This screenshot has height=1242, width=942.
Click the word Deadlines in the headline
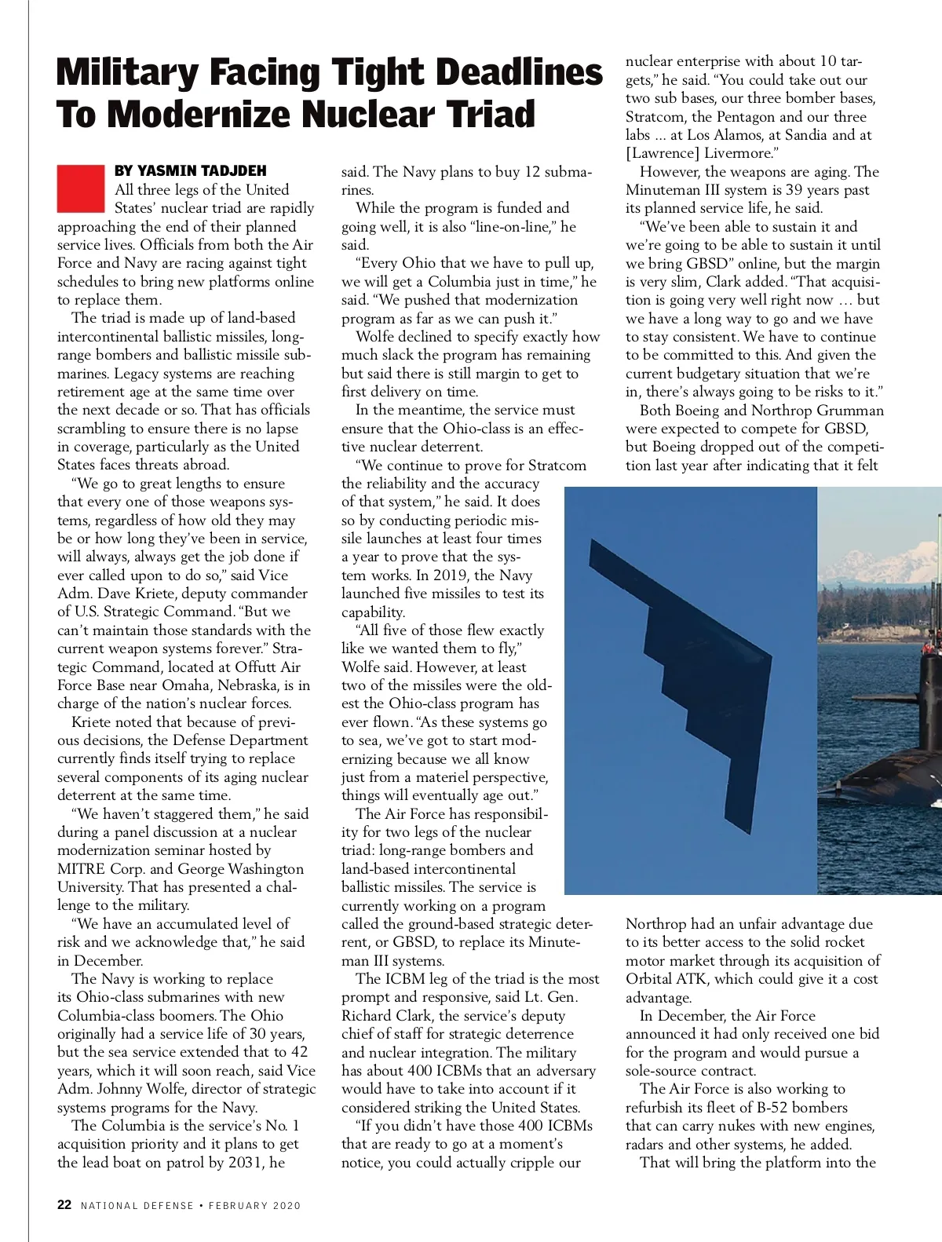tap(519, 73)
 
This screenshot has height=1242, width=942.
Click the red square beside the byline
tap(80, 188)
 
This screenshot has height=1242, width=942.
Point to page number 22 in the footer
tap(64, 1204)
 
